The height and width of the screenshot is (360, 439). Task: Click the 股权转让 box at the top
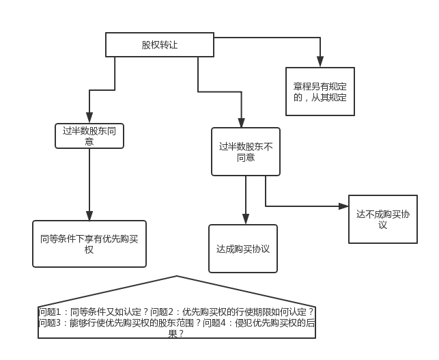click(160, 45)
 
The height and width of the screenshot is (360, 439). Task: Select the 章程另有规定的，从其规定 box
click(320, 92)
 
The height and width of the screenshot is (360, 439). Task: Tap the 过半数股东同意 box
click(89, 136)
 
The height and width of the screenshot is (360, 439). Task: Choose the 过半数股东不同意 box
click(246, 152)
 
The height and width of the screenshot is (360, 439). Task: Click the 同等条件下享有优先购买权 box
click(89, 243)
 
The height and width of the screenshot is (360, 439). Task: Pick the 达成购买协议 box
click(243, 249)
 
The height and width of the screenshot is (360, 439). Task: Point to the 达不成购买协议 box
click(382, 219)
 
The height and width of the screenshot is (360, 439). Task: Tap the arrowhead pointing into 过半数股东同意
click(89, 119)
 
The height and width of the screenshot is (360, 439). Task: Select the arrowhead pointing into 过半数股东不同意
click(241, 123)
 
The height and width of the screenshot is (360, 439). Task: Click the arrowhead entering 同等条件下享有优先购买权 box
click(89, 215)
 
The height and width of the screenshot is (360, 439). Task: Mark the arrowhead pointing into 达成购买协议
click(246, 219)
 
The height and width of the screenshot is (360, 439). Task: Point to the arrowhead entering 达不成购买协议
click(343, 206)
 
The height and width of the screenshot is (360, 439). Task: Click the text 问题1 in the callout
click(51, 311)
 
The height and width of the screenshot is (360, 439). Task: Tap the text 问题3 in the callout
click(51, 322)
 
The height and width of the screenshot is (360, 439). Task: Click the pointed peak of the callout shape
click(178, 277)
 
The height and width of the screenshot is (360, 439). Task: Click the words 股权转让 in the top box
click(160, 45)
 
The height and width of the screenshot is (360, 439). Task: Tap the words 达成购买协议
click(243, 249)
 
